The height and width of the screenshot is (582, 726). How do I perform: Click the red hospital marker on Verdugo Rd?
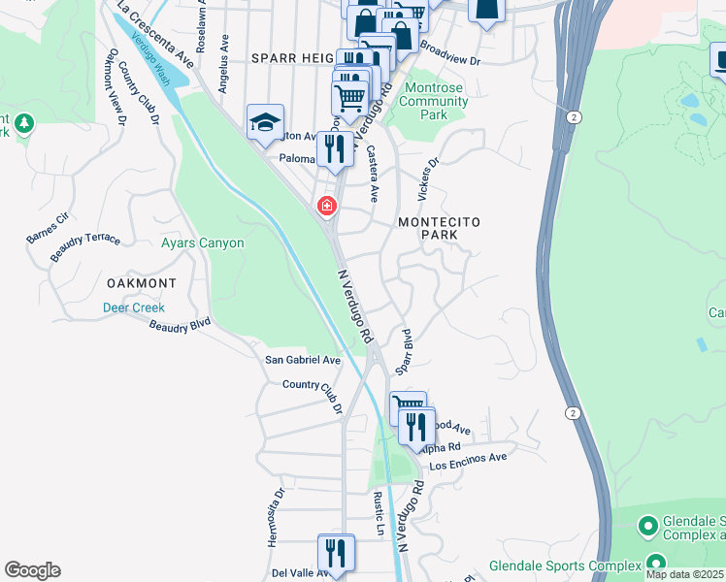[x=326, y=206]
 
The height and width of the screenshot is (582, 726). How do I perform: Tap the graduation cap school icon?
[x=265, y=123]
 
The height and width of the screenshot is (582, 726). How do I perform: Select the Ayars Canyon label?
[x=202, y=243]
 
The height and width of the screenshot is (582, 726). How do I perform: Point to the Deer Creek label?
[x=134, y=307]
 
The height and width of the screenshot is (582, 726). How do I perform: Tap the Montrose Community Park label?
[x=433, y=101]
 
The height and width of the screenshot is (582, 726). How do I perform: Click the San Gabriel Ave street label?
[x=303, y=360]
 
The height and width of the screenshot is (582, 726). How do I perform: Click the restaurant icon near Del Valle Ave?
[x=336, y=554]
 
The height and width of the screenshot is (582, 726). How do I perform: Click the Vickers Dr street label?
[x=427, y=178]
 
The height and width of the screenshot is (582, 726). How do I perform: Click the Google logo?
[x=32, y=570]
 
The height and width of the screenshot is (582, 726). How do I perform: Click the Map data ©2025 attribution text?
[x=685, y=574]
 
